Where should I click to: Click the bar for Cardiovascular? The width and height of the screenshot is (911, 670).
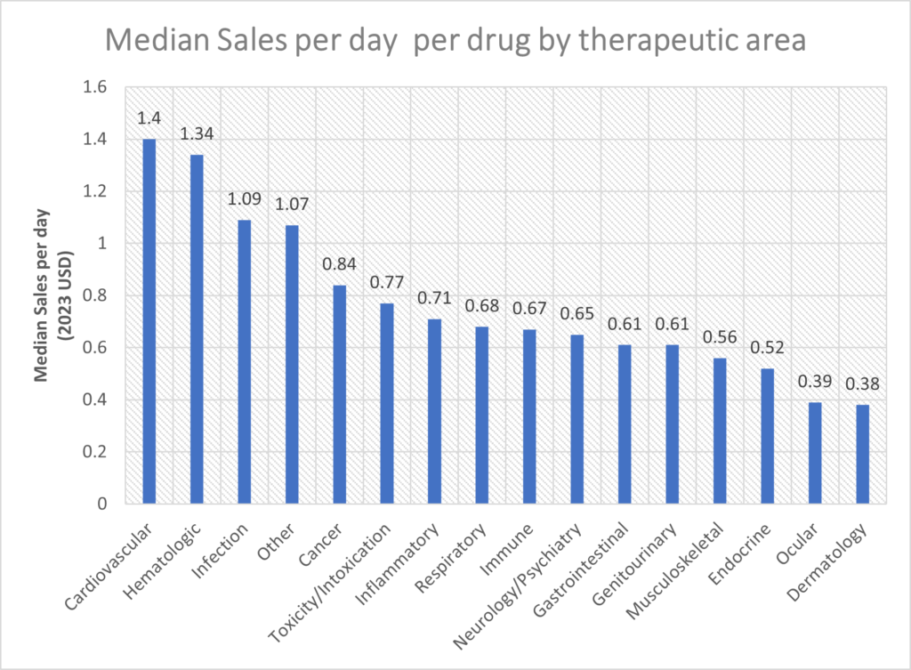(x=149, y=321)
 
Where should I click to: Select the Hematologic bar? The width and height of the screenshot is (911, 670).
(x=196, y=329)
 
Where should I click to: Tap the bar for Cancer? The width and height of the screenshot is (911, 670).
(x=339, y=394)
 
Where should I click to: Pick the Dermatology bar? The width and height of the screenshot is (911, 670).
(x=862, y=455)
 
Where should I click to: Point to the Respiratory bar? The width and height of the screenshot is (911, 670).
(x=481, y=416)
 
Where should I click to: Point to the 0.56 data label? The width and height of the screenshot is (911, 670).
(x=719, y=339)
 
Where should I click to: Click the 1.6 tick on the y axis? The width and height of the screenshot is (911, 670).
(x=94, y=87)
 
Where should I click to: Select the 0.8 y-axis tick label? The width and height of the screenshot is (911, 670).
(x=94, y=295)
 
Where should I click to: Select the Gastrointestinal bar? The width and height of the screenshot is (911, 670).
(x=624, y=424)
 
